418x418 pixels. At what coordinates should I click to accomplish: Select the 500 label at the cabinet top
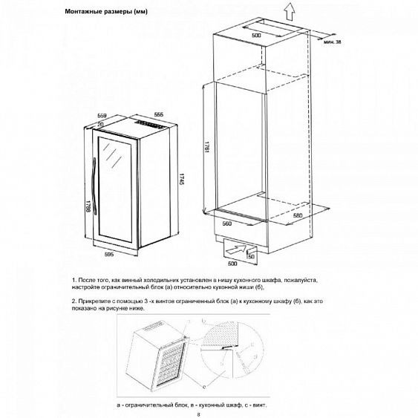256,35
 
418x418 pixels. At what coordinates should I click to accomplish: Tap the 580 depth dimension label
298,215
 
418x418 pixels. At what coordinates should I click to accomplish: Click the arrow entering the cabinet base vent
237,247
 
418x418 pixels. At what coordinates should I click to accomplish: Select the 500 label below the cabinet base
232,264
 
